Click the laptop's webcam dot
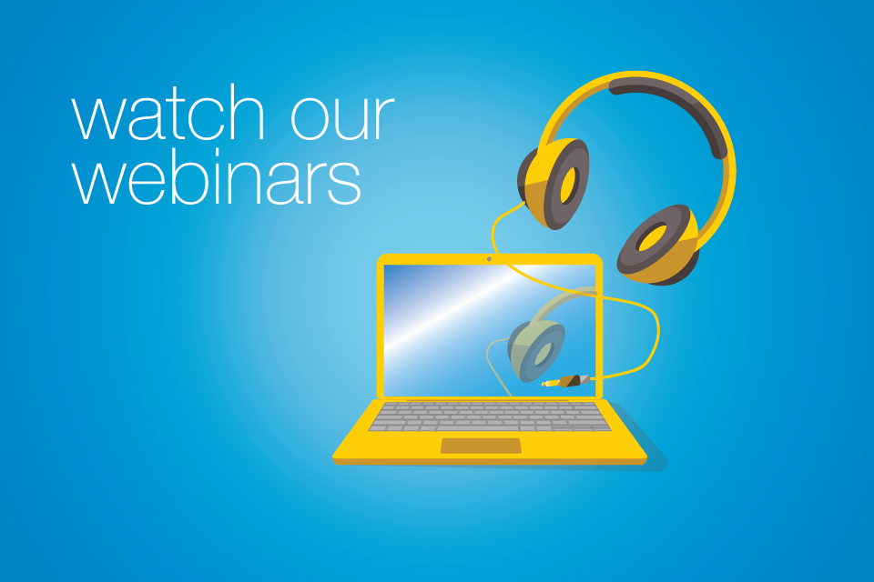(x=489, y=259)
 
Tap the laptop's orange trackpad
(x=481, y=446)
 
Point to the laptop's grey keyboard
(x=489, y=416)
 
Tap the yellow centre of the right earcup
(x=653, y=239)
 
